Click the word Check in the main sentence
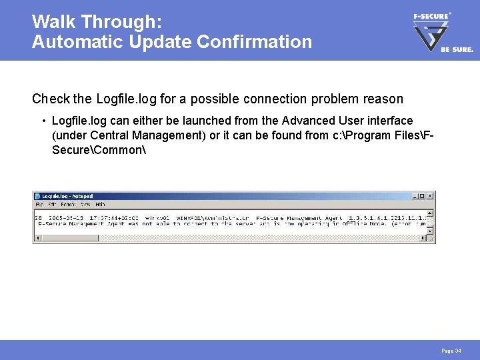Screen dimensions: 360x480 pyautogui.click(x=51, y=99)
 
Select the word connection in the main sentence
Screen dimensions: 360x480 pyautogui.click(x=283, y=99)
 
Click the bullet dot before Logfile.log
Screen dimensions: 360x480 pyautogui.click(x=43, y=121)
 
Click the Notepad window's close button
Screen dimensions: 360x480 pyautogui.click(x=430, y=196)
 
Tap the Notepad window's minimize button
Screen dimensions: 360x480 pyautogui.click(x=415, y=196)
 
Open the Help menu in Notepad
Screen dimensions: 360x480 pyautogui.click(x=100, y=204)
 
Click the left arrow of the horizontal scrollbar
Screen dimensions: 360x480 pyautogui.click(x=37, y=238)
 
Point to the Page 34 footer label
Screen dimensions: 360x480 pyautogui.click(x=451, y=351)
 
